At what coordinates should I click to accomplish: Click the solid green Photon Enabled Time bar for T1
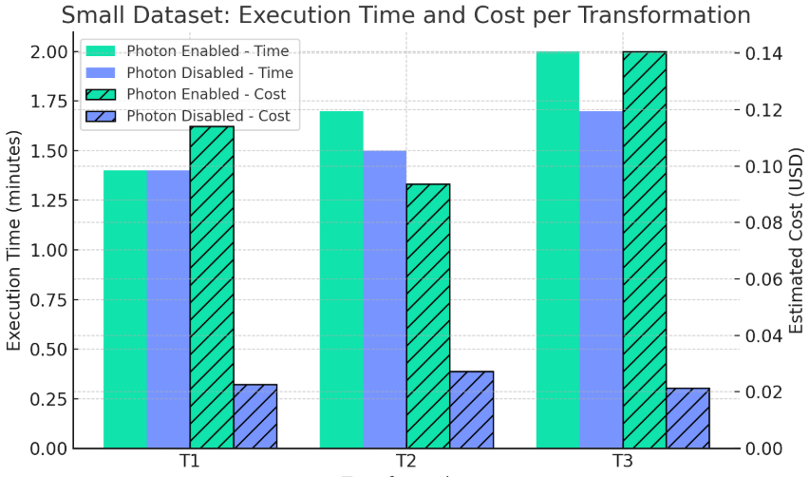pyautogui.click(x=125, y=309)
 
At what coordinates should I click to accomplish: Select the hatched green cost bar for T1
pyautogui.click(x=212, y=286)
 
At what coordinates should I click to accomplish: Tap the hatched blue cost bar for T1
pyautogui.click(x=254, y=415)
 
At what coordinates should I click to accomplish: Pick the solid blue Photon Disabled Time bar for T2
pyautogui.click(x=385, y=298)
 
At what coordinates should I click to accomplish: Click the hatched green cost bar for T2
pyautogui.click(x=427, y=315)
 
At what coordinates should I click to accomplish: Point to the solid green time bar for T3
pyautogui.click(x=557, y=249)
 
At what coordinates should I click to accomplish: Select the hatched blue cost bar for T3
pyautogui.click(x=687, y=417)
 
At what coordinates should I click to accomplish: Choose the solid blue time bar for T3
pyautogui.click(x=601, y=279)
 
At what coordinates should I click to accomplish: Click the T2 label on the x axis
pyautogui.click(x=406, y=461)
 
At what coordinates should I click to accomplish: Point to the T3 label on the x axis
pyautogui.click(x=622, y=461)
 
